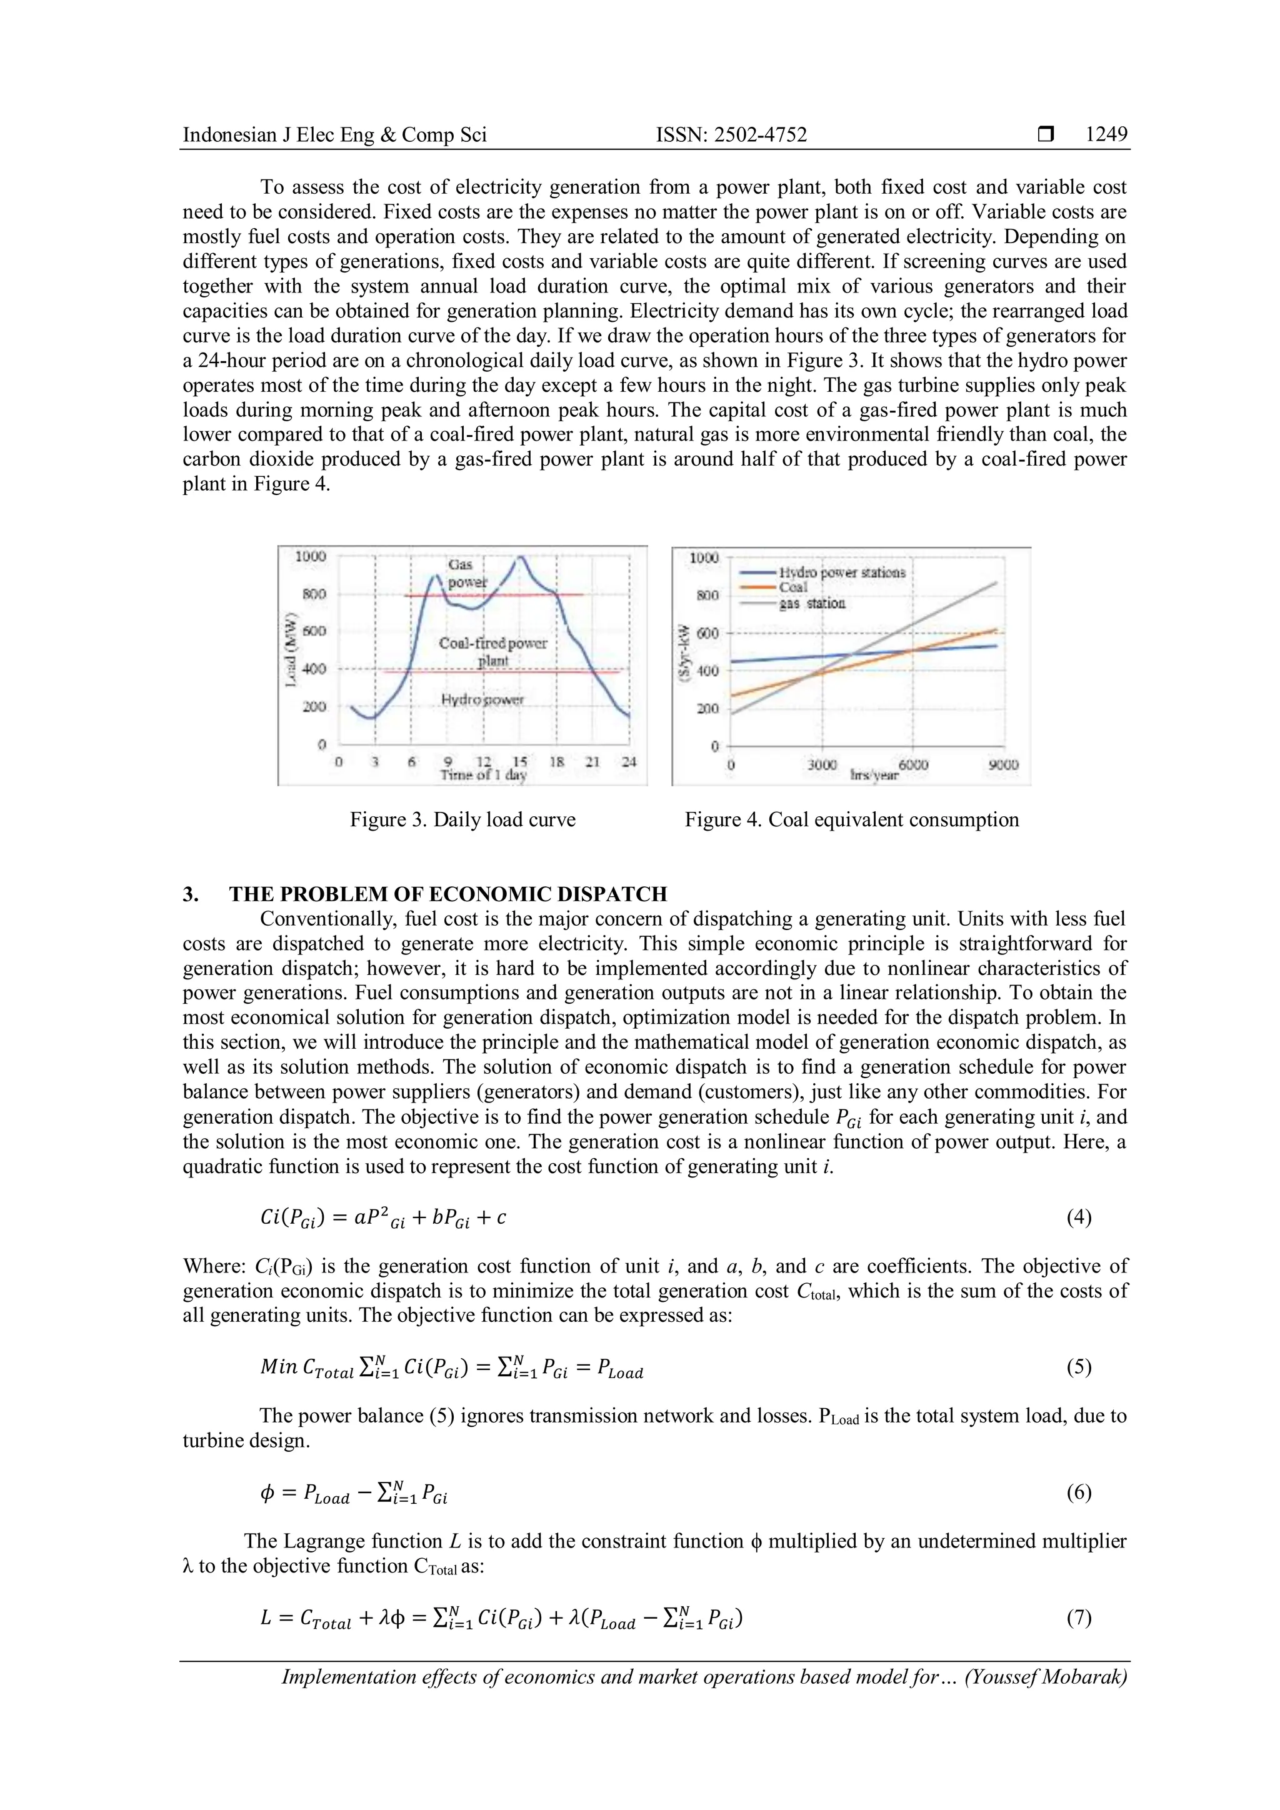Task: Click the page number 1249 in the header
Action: pos(1106,135)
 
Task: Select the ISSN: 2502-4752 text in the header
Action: pos(731,135)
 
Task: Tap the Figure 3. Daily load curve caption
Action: pos(462,820)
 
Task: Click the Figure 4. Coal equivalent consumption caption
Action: pos(851,820)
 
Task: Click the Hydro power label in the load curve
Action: pos(482,699)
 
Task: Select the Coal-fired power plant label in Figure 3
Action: pos(492,651)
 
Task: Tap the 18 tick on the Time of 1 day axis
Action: pos(556,761)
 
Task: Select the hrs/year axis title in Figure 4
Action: pos(873,776)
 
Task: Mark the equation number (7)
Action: pos(1078,1617)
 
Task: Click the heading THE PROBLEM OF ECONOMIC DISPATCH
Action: pos(447,894)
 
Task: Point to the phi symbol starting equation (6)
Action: pos(266,1492)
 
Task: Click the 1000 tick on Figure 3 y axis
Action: pos(310,556)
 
